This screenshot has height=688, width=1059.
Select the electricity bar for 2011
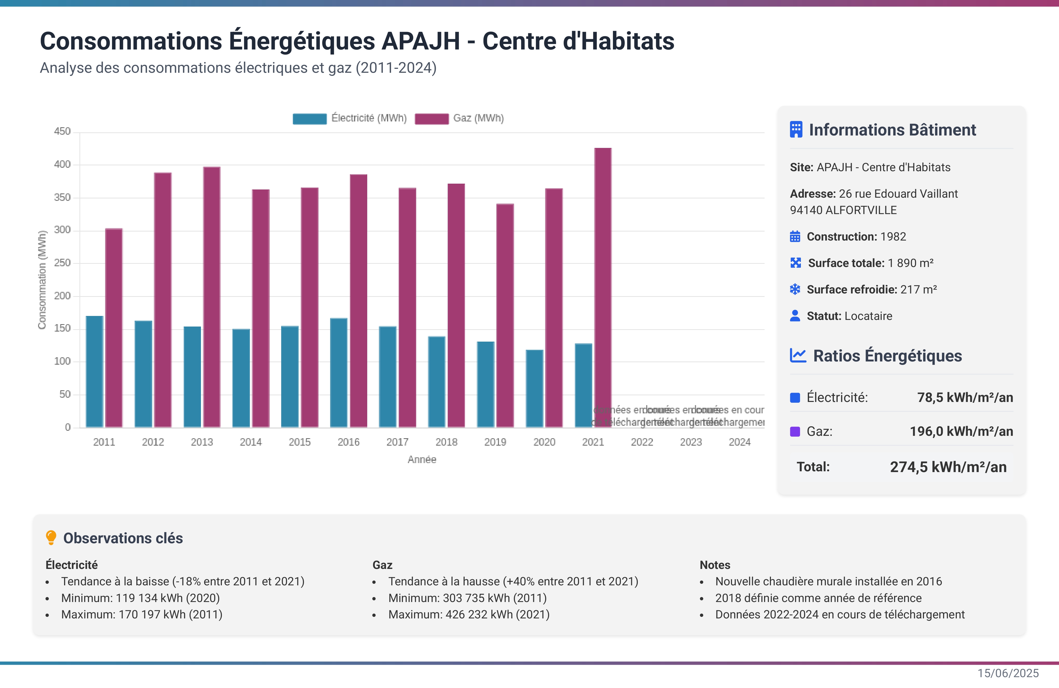click(x=94, y=371)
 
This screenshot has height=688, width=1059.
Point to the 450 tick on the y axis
click(x=62, y=132)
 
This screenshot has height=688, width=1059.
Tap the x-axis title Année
click(x=422, y=459)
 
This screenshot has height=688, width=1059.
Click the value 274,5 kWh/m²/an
click(x=948, y=467)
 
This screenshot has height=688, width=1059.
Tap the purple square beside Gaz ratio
click(x=795, y=431)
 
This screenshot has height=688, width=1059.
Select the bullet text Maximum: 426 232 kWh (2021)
click(x=469, y=615)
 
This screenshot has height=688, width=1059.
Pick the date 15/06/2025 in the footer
click(x=1008, y=673)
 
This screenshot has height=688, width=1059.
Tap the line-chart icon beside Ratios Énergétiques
click(x=798, y=355)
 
